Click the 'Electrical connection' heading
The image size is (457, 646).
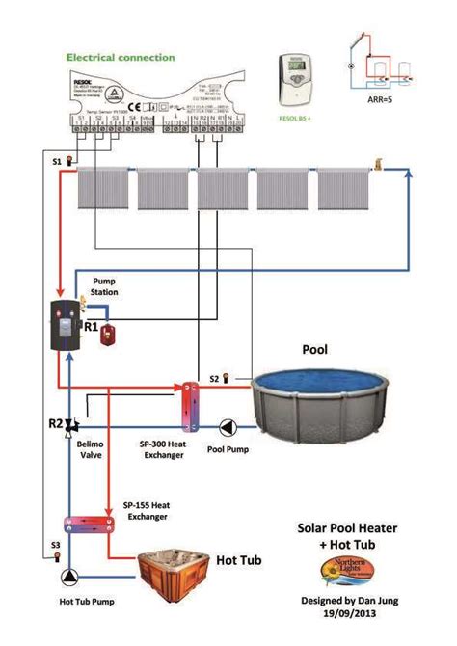(121, 58)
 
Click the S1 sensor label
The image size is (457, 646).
(56, 161)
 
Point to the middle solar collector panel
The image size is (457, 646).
(223, 188)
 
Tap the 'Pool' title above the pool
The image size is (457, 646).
(317, 348)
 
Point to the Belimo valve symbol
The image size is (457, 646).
(71, 425)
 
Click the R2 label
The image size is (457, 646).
(55, 422)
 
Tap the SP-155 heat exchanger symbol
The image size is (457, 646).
(88, 524)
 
